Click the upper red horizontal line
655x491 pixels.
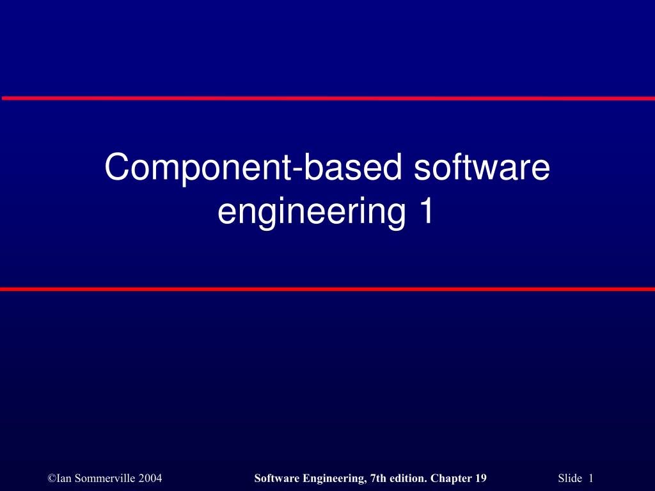[x=327, y=98]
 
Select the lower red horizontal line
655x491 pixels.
[x=327, y=289]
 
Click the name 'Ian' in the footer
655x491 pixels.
[x=63, y=478]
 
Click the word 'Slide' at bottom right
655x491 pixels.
[x=570, y=478]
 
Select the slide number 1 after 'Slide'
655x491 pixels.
[x=591, y=478]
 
